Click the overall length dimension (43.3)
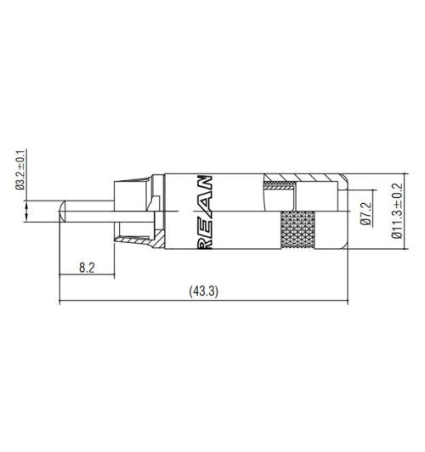tap(204, 291)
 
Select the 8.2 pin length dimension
tap(86, 267)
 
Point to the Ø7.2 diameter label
tap(366, 212)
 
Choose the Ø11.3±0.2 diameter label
tap(396, 212)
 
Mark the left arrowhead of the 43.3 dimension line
tap(63, 300)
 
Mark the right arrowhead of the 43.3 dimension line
tap(347, 300)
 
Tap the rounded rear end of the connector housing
tap(343, 212)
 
